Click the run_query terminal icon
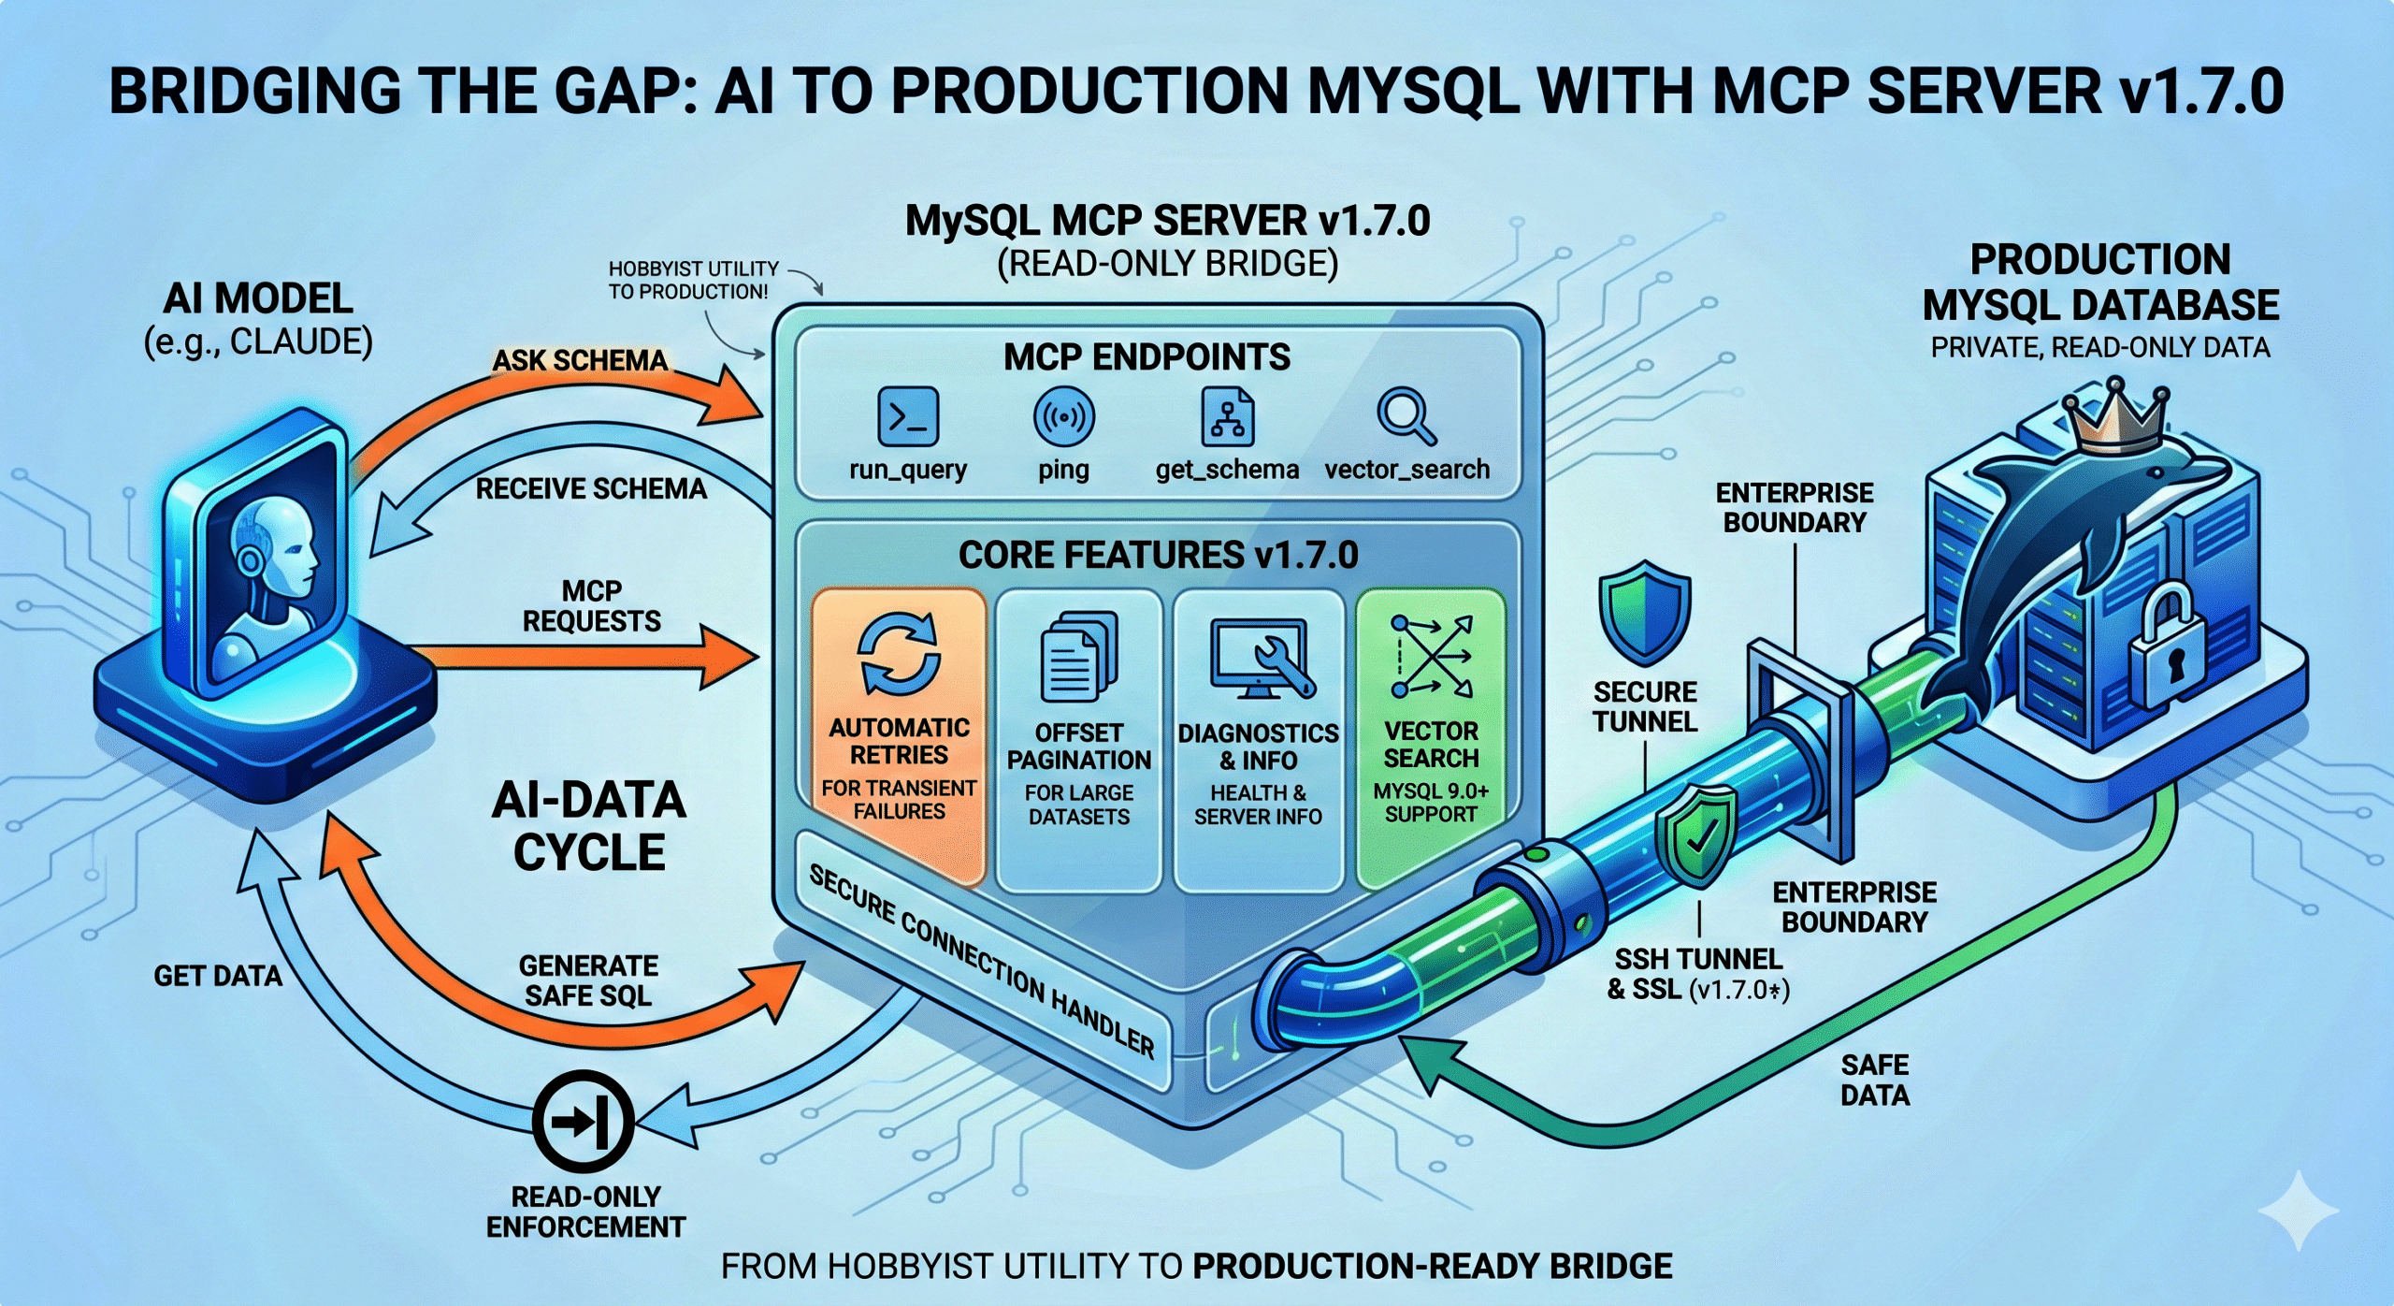pyautogui.click(x=907, y=417)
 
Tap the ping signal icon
pyautogui.click(x=1063, y=417)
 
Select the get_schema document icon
pyautogui.click(x=1227, y=417)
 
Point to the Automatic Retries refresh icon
pyautogui.click(x=899, y=654)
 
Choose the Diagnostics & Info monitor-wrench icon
pyautogui.click(x=1262, y=660)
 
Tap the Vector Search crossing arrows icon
pyautogui.click(x=1431, y=657)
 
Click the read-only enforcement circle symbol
pyautogui.click(x=584, y=1121)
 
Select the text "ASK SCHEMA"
pyautogui.click(x=580, y=361)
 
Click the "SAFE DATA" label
pyautogui.click(x=1874, y=1080)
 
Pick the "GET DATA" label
pyautogui.click(x=218, y=976)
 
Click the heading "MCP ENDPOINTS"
pyautogui.click(x=1147, y=357)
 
